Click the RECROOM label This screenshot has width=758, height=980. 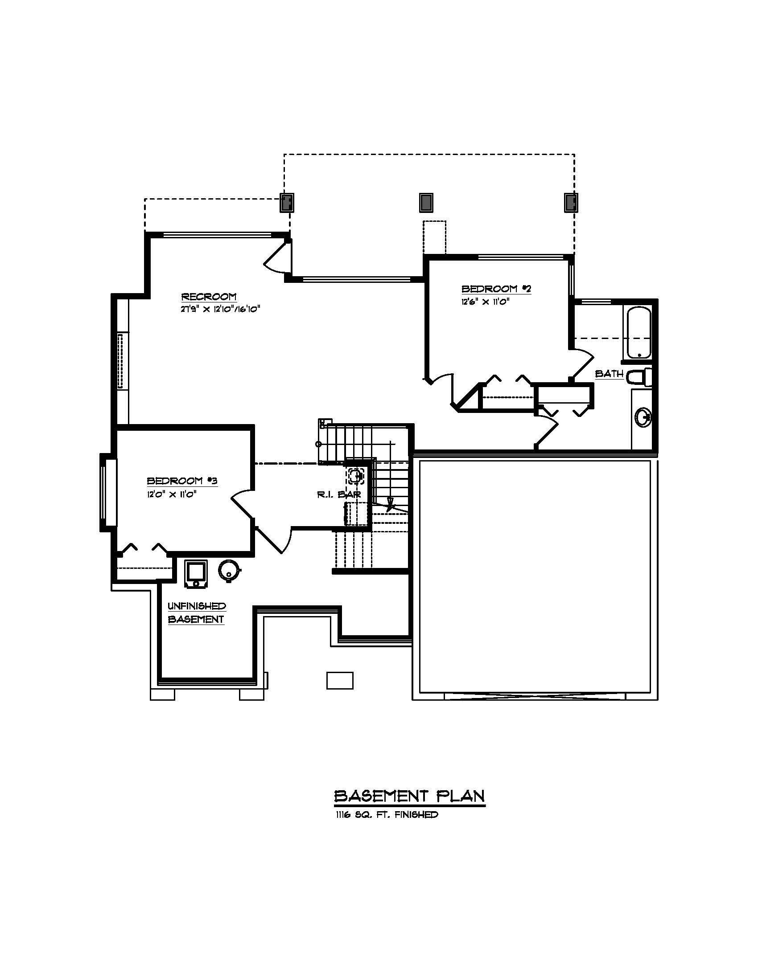point(209,297)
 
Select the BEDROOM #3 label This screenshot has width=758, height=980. point(182,481)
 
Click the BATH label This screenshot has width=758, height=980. point(609,374)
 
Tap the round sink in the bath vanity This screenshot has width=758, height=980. point(643,418)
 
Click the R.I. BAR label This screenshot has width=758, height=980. point(338,495)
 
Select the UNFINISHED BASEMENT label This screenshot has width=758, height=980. point(196,612)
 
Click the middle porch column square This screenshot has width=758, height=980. point(426,203)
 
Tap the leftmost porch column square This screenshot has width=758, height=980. point(288,203)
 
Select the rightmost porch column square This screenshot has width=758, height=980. point(571,203)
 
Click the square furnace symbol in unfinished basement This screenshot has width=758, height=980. point(196,572)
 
